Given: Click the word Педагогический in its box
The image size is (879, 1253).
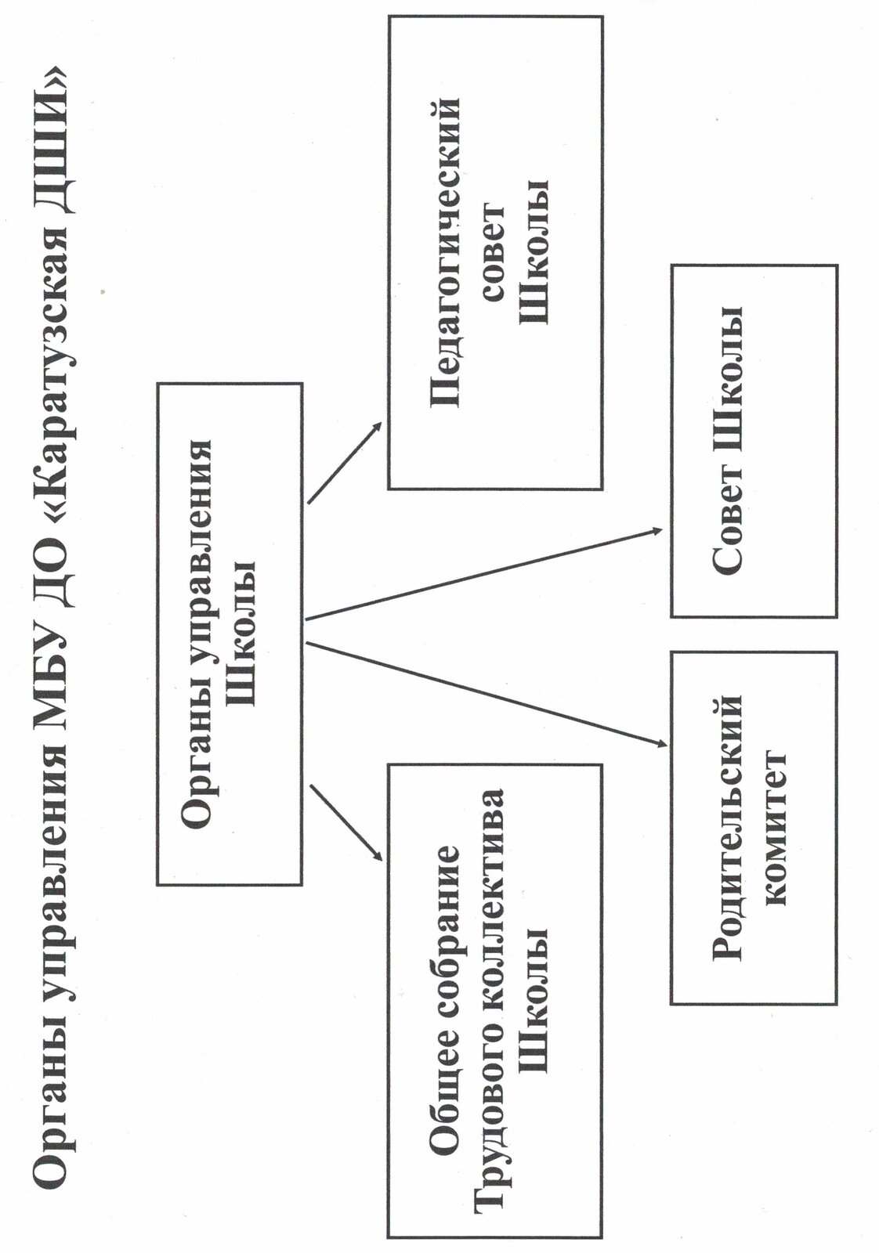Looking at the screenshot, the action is coord(447,252).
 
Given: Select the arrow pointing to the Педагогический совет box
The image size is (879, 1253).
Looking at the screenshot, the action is coord(345,463).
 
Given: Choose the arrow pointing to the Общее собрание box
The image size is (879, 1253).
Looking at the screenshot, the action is coord(345,822).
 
